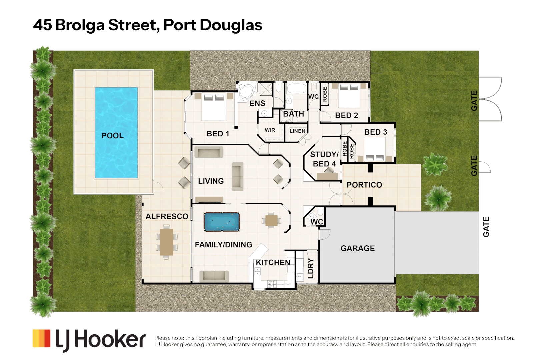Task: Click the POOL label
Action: [x=112, y=136]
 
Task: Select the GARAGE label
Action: [x=358, y=248]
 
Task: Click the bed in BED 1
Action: [x=214, y=107]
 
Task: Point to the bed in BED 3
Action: [x=375, y=149]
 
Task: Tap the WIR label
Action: [x=270, y=130]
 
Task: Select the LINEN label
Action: [x=297, y=131]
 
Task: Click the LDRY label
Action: [x=311, y=268]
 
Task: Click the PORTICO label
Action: [x=364, y=185]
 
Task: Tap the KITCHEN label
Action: [x=273, y=263]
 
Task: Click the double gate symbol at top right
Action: [x=490, y=99]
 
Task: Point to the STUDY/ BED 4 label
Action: [x=324, y=159]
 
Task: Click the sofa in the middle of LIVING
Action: [x=237, y=176]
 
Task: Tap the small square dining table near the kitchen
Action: [x=271, y=220]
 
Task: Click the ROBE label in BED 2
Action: [x=325, y=94]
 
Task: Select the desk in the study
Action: [x=327, y=176]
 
